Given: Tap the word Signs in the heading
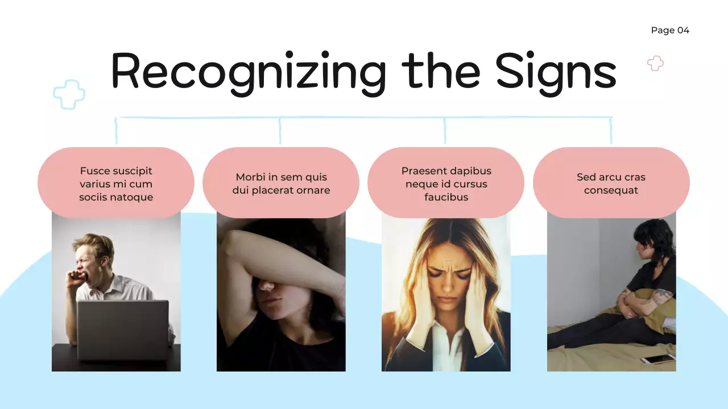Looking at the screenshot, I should pos(556,71).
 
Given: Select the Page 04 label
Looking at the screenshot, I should pos(670,30).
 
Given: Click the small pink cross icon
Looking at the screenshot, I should pos(655,63).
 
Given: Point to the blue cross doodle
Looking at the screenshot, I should pos(69,94).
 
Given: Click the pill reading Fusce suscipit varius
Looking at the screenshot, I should pos(116,183).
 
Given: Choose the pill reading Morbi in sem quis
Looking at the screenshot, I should pos(281,183).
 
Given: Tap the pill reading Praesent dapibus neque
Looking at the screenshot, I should pos(446,183).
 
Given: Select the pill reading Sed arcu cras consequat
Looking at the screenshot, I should pos(611,183).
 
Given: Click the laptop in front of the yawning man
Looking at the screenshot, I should pos(123,329).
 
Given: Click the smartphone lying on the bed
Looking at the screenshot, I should pos(658,359).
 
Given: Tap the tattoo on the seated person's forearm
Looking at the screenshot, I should pos(661,296).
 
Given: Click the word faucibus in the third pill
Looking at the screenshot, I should pos(446,197).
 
